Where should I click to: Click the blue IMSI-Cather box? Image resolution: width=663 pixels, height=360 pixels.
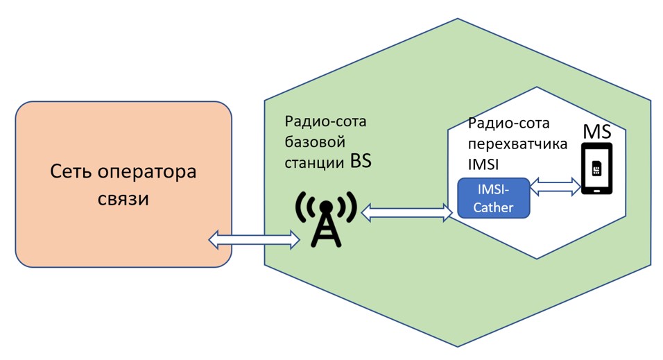point(493,197)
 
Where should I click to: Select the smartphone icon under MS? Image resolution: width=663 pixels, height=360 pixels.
point(596,169)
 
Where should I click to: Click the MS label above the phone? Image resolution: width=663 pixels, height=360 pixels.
point(596,131)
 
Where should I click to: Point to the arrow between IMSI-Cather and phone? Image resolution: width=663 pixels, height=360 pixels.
point(556,186)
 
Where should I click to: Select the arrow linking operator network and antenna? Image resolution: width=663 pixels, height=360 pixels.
point(254,240)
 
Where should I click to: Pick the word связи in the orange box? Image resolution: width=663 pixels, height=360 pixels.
point(124,199)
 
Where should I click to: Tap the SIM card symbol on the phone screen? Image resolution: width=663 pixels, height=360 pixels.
point(596,169)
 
